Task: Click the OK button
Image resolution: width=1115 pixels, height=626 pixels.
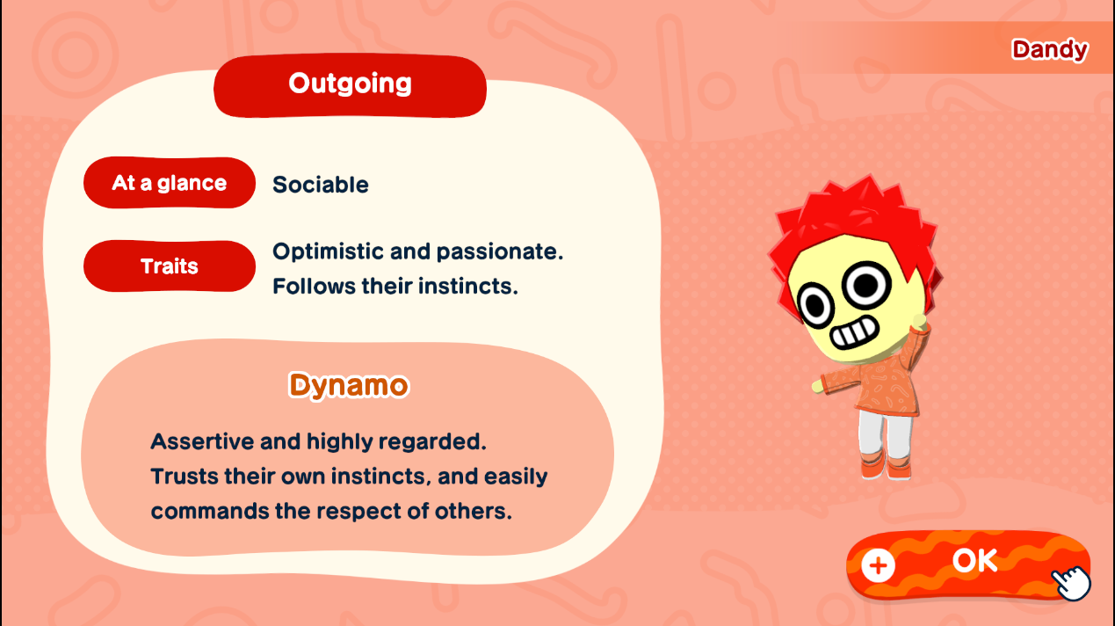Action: point(968,564)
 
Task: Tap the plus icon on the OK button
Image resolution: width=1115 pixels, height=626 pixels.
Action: point(878,565)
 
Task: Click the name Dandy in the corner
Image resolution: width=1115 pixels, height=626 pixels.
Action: point(1050,49)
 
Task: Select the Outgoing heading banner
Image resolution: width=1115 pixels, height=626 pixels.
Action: point(350,85)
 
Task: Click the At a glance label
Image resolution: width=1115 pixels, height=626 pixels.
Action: point(170,183)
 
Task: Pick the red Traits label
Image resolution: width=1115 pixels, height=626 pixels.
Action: point(170,266)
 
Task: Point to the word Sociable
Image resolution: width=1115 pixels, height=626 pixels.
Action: point(321,185)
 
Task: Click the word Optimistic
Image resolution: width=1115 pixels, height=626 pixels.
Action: point(328,251)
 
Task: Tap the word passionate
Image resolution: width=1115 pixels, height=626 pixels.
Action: point(500,251)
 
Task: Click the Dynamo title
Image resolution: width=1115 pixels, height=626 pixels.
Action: point(349,385)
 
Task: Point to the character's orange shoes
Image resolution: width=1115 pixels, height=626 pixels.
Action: point(886,466)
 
